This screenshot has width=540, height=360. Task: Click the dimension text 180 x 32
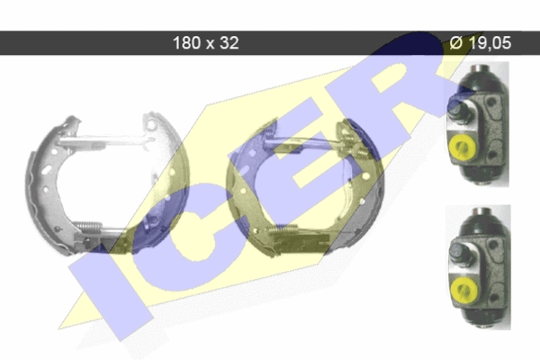(x=205, y=43)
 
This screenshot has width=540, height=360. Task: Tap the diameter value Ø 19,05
(x=481, y=43)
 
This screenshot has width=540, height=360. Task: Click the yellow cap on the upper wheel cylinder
(x=463, y=147)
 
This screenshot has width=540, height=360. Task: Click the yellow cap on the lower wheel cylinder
(x=463, y=291)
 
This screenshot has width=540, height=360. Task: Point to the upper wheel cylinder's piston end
(x=458, y=112)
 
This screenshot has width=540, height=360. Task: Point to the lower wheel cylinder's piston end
(x=459, y=253)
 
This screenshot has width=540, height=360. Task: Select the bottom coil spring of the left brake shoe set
(x=88, y=226)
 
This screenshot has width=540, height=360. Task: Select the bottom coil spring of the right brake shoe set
(x=283, y=229)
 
